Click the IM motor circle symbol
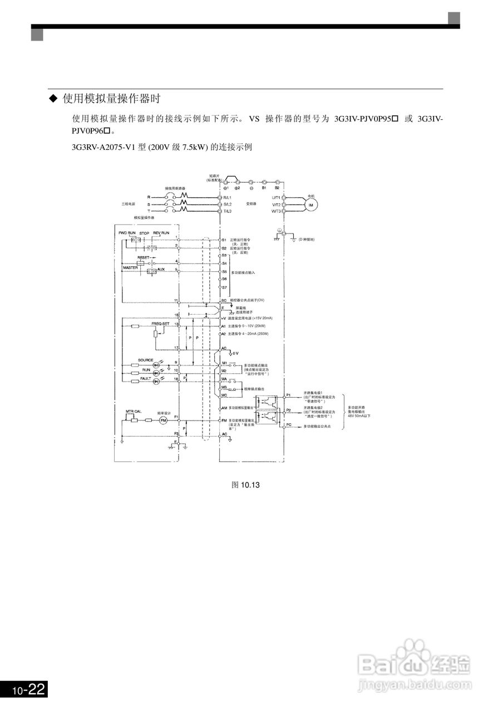pyautogui.click(x=311, y=205)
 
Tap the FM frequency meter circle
pyautogui.click(x=164, y=421)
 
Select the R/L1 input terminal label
pyautogui.click(x=228, y=198)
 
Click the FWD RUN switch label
pyautogui.click(x=127, y=232)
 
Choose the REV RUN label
pyautogui.click(x=161, y=232)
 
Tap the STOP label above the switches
pyautogui.click(x=144, y=232)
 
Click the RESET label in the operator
pyautogui.click(x=144, y=257)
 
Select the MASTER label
pyautogui.click(x=130, y=268)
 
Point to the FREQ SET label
pyautogui.click(x=160, y=323)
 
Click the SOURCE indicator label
pyautogui.click(x=146, y=360)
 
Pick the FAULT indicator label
pyautogui.click(x=146, y=378)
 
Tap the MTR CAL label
pyautogui.click(x=134, y=411)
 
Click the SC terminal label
pyautogui.click(x=224, y=300)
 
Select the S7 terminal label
pyautogui.click(x=224, y=287)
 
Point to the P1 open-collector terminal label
pyautogui.click(x=288, y=395)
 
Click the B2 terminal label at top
pyautogui.click(x=277, y=188)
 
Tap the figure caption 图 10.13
pyautogui.click(x=245, y=485)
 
